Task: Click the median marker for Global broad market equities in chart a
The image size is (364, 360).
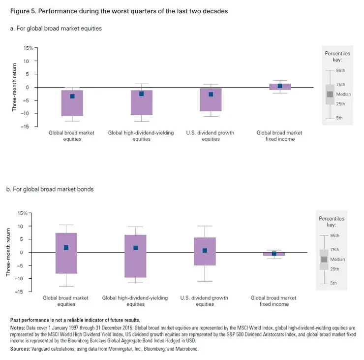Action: tap(72, 96)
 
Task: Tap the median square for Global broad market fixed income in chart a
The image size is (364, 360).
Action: tap(280, 86)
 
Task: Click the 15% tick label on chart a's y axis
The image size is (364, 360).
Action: tap(29, 48)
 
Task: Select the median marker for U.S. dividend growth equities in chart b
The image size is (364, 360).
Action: tap(205, 251)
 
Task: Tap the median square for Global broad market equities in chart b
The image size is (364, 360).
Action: tap(66, 248)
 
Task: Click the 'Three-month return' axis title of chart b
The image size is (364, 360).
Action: tap(8, 252)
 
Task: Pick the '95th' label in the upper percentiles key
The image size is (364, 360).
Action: tap(340, 71)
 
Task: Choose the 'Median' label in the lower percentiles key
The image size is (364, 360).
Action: tap(337, 259)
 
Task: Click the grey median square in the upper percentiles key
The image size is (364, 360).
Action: tap(330, 94)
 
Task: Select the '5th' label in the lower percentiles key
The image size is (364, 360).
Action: tap(334, 283)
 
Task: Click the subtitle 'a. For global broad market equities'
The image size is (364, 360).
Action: tap(56, 29)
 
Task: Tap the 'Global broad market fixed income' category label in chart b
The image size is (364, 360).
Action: tap(273, 301)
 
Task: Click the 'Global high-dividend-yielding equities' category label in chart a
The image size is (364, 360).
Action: tap(141, 136)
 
